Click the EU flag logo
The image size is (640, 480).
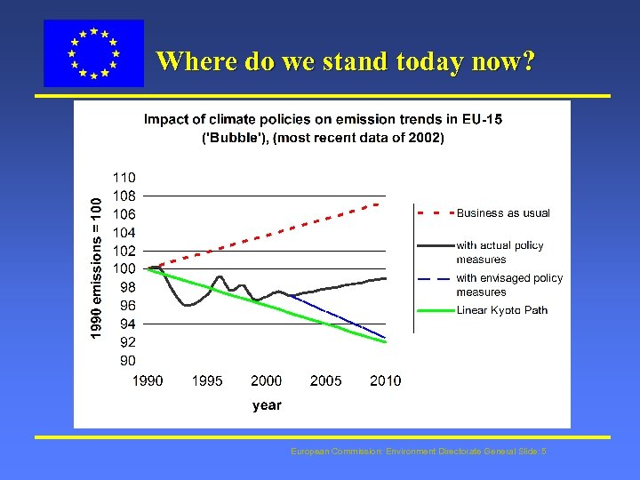pos(93,53)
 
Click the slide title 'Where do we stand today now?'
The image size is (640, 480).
pos(345,61)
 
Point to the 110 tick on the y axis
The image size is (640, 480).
pos(124,177)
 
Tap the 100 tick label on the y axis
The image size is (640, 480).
pos(124,268)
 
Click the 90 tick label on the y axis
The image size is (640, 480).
pos(127,360)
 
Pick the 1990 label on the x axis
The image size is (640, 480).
pos(148,380)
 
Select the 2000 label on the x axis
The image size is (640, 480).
pos(266,380)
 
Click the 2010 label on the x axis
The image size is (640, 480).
pos(385,380)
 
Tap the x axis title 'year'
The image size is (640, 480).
pos(267,405)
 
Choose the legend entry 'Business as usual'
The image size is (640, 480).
pos(503,213)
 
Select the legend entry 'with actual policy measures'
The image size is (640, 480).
pos(500,252)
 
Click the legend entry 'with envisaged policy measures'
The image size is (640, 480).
pos(508,284)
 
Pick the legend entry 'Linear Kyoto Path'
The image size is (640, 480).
pos(501,310)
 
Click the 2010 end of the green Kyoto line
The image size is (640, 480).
pos(386,342)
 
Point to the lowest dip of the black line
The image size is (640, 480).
pos(188,305)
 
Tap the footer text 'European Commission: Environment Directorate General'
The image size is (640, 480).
pos(418,452)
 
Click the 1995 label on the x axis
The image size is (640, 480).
pos(207,380)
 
